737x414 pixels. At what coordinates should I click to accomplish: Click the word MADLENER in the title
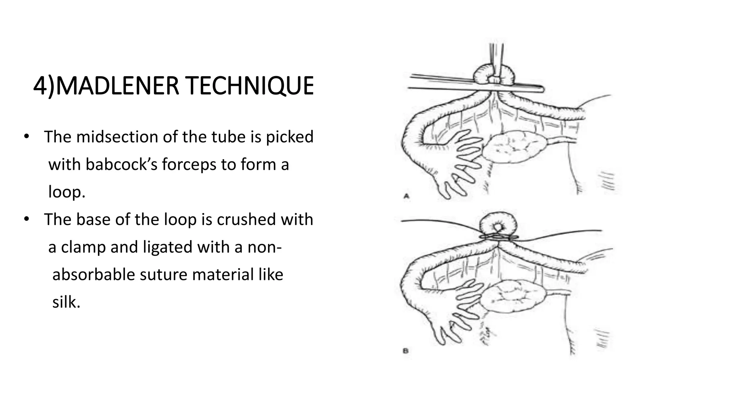(x=117, y=86)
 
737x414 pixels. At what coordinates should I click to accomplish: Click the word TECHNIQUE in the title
(x=250, y=86)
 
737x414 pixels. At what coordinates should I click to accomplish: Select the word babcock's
(x=121, y=165)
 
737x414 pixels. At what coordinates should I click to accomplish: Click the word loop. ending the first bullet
(x=67, y=192)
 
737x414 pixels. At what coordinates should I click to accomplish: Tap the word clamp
(x=83, y=247)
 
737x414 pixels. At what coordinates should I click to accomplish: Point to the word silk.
(x=66, y=302)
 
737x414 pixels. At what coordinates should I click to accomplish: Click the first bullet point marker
(x=26, y=137)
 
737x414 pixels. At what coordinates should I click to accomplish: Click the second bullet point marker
(x=26, y=220)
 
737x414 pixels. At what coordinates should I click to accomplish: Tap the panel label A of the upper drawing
(x=407, y=196)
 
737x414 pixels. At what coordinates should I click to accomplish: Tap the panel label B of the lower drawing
(x=406, y=351)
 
